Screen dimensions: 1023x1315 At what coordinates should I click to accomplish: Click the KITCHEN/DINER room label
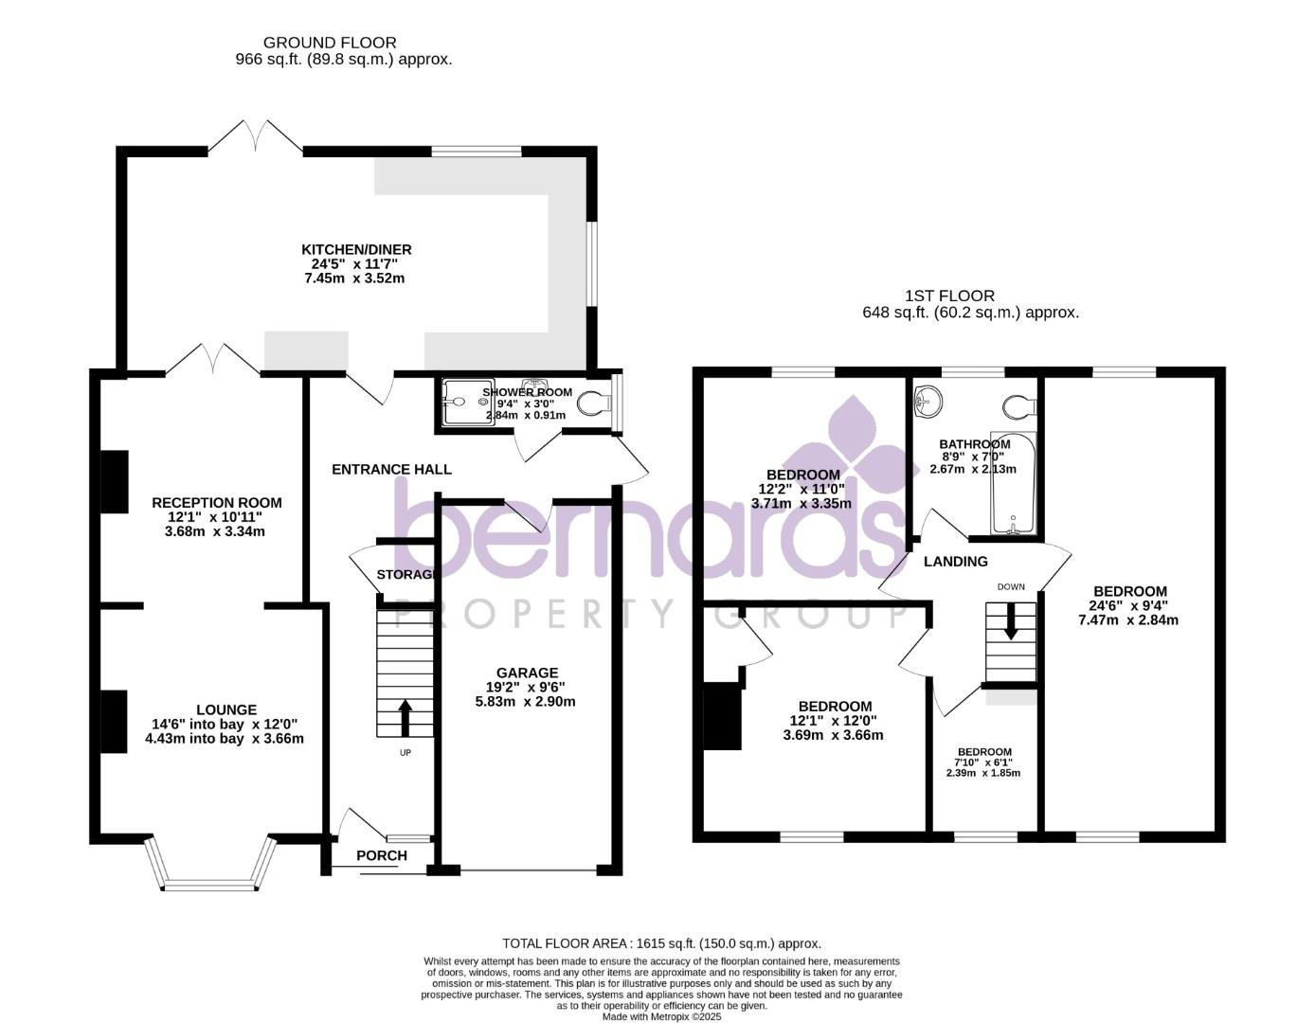(x=355, y=250)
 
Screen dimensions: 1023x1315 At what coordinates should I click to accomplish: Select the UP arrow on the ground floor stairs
(x=405, y=718)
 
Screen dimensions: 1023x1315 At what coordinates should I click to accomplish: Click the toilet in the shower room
(x=596, y=403)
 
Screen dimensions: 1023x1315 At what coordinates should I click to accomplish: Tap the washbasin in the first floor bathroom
(x=928, y=402)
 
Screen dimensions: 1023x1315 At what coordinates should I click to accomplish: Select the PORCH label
(x=382, y=855)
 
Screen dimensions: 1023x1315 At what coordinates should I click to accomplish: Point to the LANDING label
(x=955, y=562)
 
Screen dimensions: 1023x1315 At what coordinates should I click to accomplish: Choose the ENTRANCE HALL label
(x=391, y=469)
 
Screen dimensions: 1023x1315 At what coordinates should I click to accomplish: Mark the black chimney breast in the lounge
(x=115, y=722)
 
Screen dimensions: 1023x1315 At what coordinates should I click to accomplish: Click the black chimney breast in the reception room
(x=115, y=482)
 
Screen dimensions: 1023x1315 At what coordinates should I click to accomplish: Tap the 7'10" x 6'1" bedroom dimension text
(x=983, y=763)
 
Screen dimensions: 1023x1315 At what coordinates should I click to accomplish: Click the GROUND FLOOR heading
(x=330, y=43)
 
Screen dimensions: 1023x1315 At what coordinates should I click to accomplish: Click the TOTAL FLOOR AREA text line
(x=661, y=943)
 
